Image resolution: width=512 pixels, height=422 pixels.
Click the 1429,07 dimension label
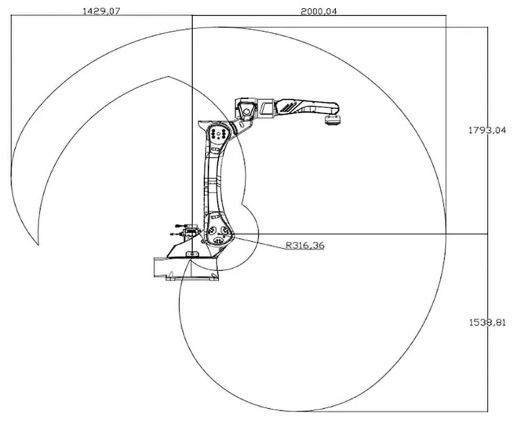102,11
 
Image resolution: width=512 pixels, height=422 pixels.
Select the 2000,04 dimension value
318,11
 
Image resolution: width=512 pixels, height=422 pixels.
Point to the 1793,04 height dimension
487,130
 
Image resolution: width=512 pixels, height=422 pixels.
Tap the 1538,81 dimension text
487,322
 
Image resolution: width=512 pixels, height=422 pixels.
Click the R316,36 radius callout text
305,245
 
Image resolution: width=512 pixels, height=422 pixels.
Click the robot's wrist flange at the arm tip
333,120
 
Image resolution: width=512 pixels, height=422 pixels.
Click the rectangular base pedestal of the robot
186,269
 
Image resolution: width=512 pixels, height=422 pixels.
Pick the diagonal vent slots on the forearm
289,106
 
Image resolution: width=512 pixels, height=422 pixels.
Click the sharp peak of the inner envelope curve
168,77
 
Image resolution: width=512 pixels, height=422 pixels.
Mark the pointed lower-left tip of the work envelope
38,244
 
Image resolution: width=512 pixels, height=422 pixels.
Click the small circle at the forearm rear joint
247,112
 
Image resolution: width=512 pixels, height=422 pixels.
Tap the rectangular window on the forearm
266,108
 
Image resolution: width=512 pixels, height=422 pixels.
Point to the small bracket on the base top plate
192,254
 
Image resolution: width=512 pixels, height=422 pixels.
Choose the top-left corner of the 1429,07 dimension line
11,15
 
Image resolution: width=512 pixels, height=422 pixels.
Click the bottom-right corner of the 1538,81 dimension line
488,412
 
